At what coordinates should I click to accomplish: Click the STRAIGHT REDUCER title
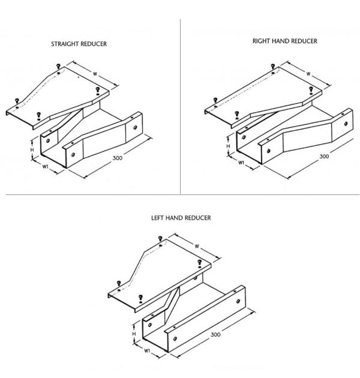coord(79,44)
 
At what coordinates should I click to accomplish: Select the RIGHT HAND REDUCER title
coord(285,41)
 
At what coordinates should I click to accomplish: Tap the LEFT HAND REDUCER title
coord(181,218)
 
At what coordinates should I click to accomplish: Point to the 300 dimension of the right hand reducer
coord(325,157)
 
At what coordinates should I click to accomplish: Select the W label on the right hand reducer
coord(308,74)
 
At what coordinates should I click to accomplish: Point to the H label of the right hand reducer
coord(228,145)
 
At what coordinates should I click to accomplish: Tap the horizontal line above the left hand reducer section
coord(180,194)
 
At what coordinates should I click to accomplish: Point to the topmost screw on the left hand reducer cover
coord(161,239)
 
